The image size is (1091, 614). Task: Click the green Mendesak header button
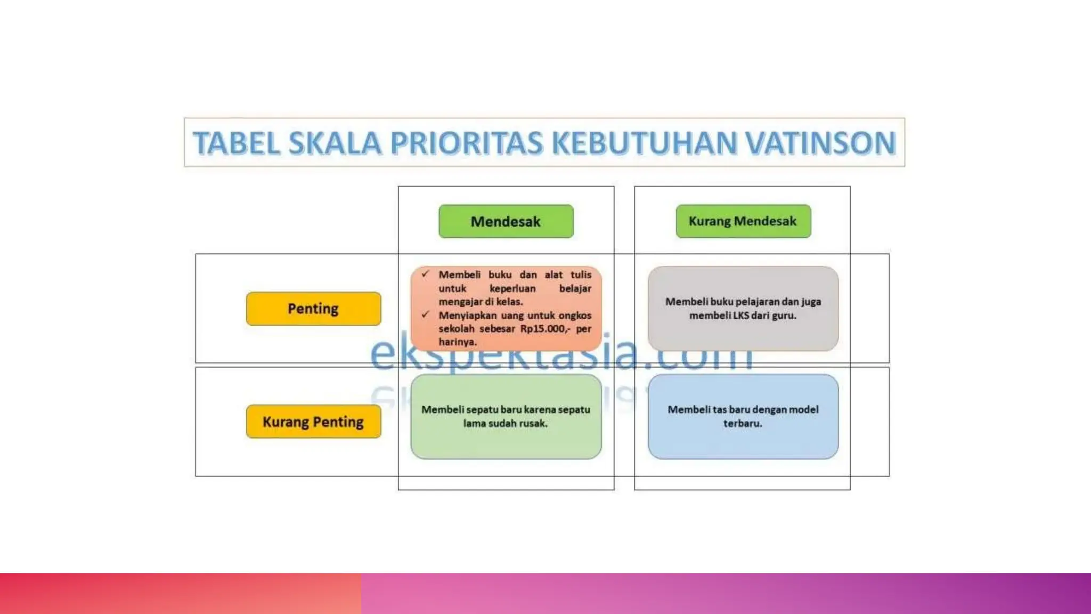point(506,221)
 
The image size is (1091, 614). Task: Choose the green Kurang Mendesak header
point(743,221)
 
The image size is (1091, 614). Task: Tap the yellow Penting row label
point(313,309)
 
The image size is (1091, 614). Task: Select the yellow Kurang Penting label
point(313,422)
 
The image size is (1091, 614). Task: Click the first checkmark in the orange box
point(425,274)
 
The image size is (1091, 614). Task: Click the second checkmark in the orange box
point(425,314)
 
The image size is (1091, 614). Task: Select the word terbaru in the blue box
point(743,424)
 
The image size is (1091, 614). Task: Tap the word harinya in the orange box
point(458,342)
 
